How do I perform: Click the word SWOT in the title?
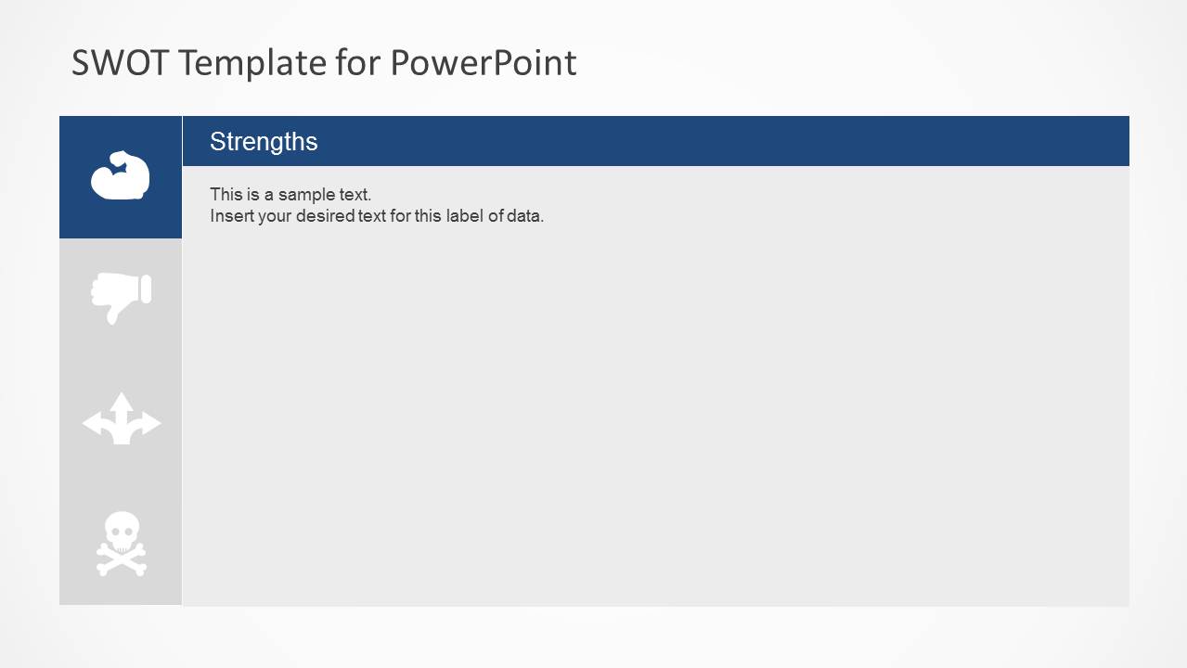120,63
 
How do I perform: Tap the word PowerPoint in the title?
483,63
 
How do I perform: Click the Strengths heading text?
264,141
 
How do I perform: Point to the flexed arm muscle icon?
121,175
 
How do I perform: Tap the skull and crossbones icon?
122,544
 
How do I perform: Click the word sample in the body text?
306,195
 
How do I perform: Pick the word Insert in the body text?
231,216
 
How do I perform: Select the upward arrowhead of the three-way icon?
122,402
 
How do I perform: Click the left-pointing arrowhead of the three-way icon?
91,424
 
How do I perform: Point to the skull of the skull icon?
122,531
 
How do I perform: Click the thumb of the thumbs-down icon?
112,314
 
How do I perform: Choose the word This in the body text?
226,195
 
